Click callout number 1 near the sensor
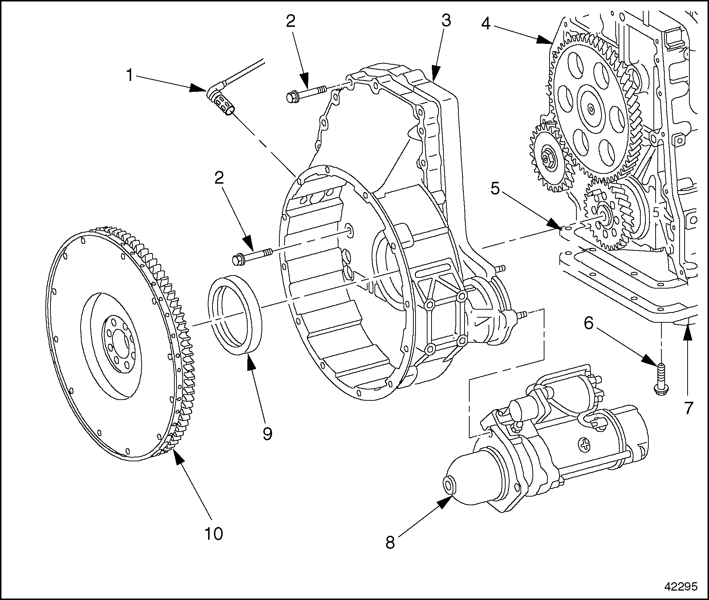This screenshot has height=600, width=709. [130, 75]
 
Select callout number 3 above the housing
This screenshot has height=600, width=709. [446, 21]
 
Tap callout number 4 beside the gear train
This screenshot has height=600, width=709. [486, 24]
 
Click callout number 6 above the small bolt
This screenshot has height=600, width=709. [588, 323]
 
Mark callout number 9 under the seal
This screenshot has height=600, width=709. [267, 433]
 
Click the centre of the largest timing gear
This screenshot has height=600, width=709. [591, 108]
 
